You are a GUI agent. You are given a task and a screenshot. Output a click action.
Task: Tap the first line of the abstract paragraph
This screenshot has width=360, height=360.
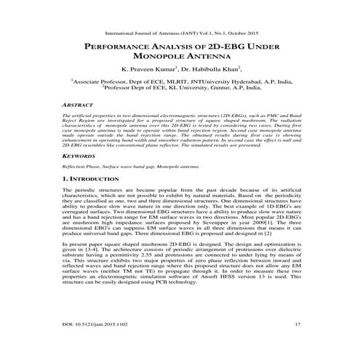(x=180, y=116)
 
